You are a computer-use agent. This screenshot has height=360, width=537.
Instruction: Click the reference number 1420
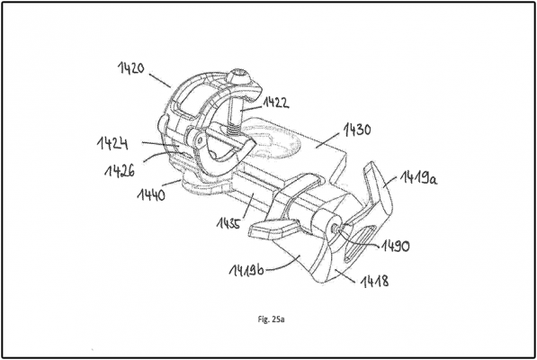pos(131,68)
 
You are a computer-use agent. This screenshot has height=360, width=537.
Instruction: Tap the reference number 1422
pos(275,103)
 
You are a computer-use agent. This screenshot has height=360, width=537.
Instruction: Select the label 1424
pos(112,143)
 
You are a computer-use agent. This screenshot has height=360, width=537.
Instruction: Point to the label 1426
pos(120,170)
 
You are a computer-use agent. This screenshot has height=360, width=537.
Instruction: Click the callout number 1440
pos(151,195)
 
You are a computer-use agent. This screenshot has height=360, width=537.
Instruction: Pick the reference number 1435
pos(229,223)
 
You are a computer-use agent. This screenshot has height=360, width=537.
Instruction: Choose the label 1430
pos(357,130)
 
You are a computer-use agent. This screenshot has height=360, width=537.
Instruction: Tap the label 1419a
pos(418,178)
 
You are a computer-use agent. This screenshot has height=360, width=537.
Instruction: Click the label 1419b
pos(246,270)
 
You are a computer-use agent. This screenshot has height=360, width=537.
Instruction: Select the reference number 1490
pos(395,246)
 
